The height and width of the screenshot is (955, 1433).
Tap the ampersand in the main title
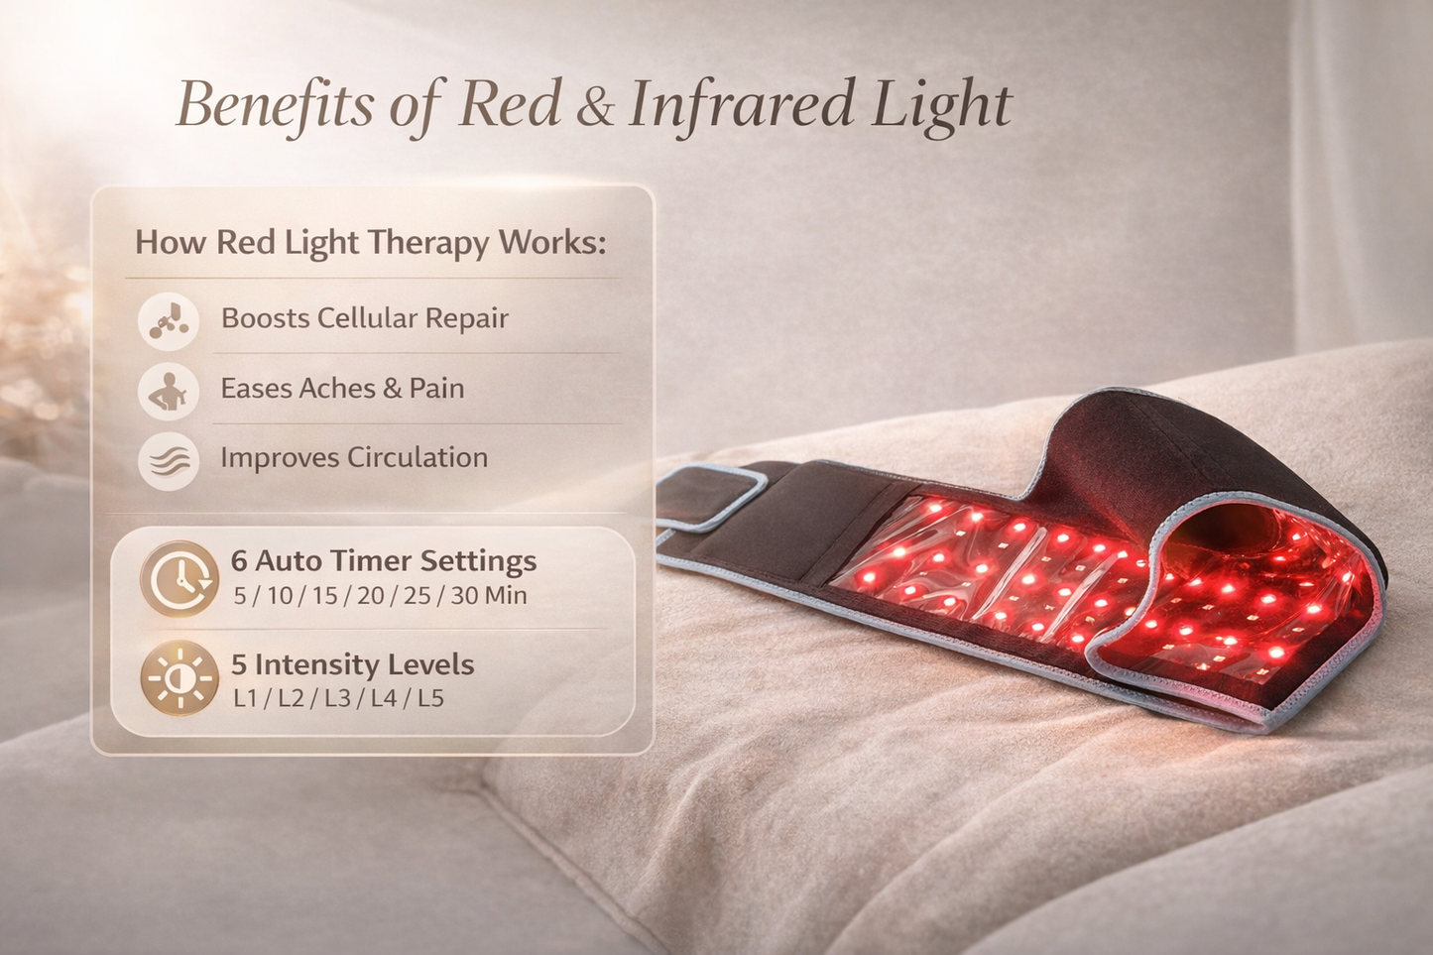594,108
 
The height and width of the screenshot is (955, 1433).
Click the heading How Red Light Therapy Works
370,243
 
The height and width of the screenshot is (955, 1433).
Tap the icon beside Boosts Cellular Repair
169,319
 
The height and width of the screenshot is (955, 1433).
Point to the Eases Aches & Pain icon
169,390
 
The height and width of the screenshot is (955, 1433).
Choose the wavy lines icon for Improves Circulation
169,460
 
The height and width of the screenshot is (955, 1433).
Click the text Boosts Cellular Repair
364,318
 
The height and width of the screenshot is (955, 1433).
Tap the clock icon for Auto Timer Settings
179,577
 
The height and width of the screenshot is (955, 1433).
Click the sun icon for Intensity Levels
179,679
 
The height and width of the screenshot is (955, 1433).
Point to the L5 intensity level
430,699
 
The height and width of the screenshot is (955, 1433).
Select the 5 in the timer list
240,596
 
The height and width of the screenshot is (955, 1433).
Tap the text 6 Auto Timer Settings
384,561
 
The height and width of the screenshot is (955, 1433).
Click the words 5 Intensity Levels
352,664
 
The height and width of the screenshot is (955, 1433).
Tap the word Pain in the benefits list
437,389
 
